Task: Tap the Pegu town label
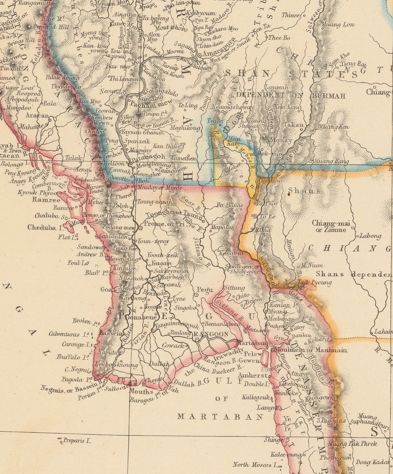click(x=206, y=290)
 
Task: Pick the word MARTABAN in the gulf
click(x=220, y=417)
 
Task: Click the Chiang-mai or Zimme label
click(x=331, y=226)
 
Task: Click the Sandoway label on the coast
click(x=91, y=247)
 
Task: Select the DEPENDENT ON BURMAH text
click(x=291, y=96)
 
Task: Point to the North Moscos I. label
click(x=252, y=464)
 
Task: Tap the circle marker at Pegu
click(x=196, y=294)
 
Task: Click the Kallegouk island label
click(x=256, y=397)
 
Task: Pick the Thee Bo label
click(x=279, y=38)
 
